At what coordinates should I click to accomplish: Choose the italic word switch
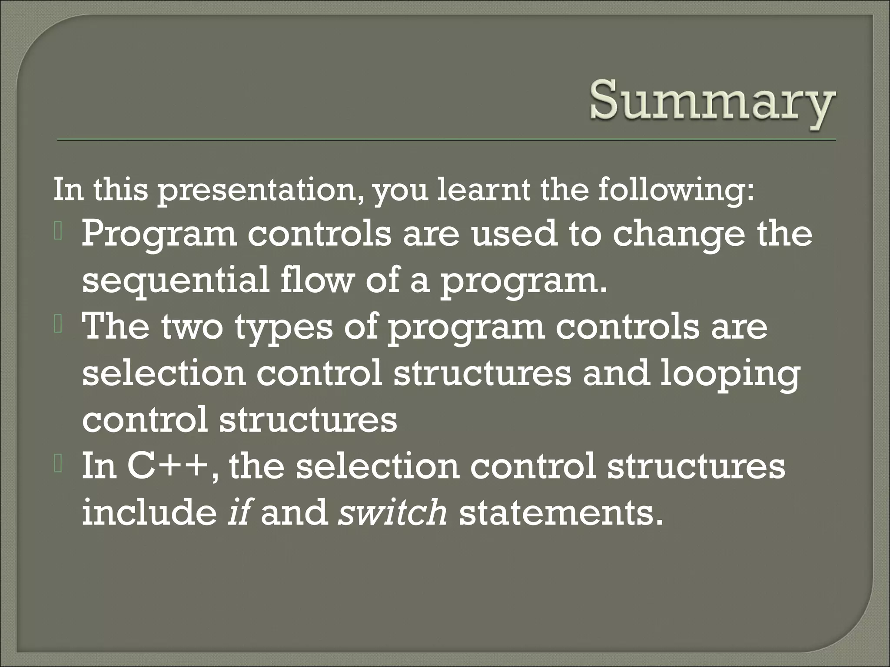[x=393, y=512]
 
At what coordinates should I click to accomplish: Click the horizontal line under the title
[x=446, y=140]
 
